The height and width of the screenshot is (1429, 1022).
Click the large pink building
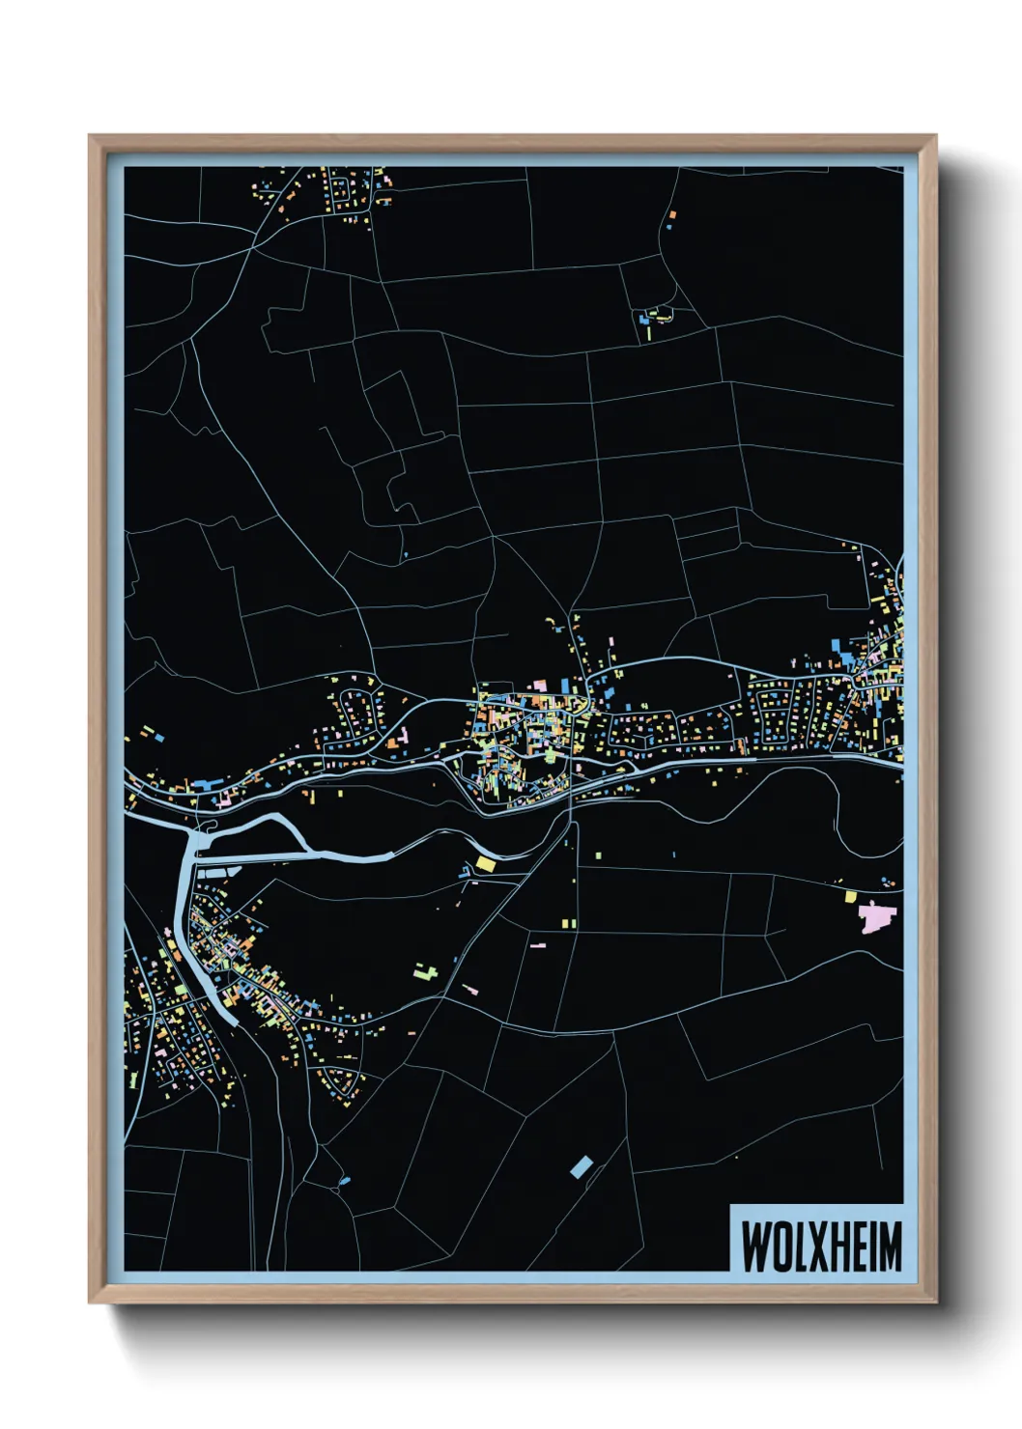tap(876, 916)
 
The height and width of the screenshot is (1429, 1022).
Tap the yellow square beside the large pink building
tap(851, 896)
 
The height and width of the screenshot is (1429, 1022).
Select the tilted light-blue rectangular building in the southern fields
tap(581, 1166)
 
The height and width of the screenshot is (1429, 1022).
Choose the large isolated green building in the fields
tap(426, 969)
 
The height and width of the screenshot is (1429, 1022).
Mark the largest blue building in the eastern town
tap(847, 659)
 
